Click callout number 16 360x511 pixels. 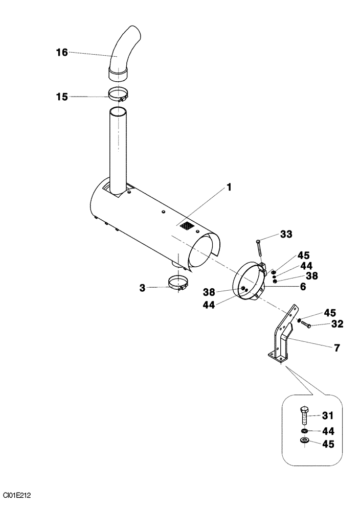(61, 52)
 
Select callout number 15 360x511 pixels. (61, 96)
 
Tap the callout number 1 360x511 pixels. (229, 188)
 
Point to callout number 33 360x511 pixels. (286, 235)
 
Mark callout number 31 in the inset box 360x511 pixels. (327, 414)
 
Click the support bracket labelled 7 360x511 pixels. (281, 340)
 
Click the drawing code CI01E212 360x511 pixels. (17, 495)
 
